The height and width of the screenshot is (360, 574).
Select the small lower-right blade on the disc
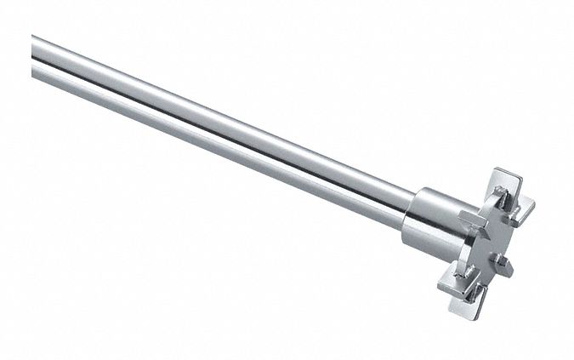[503, 265]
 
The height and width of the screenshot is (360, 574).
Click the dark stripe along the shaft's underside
[213, 143]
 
